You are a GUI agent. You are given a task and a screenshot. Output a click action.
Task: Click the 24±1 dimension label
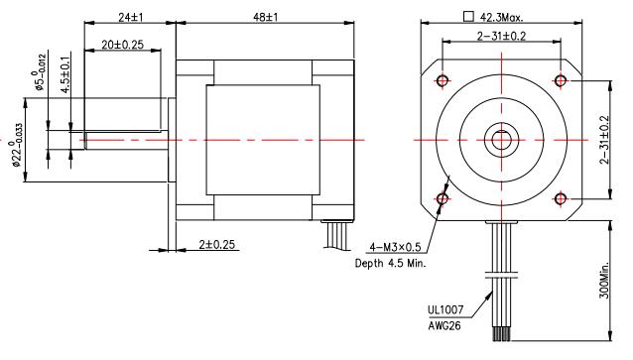[130, 17]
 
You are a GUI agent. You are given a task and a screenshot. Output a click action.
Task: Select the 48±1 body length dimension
[265, 17]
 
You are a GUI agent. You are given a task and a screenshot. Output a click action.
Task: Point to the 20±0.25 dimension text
[122, 45]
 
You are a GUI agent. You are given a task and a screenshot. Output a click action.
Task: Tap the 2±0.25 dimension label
[216, 245]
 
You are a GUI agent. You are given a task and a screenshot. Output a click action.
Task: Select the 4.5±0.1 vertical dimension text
[65, 75]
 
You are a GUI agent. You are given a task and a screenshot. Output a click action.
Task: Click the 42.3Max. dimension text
[501, 17]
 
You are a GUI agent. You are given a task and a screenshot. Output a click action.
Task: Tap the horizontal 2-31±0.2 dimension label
[501, 37]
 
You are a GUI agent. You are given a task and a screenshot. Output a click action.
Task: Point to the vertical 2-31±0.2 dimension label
[604, 140]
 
